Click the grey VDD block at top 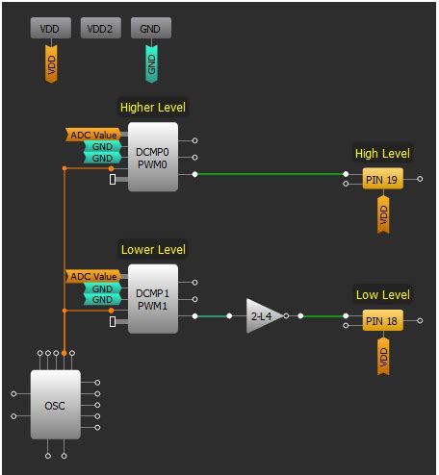tap(51, 29)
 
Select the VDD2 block tap(100, 29)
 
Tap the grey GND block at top tap(150, 29)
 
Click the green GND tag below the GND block tap(150, 63)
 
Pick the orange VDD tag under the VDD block tap(51, 64)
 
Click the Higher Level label tap(152, 107)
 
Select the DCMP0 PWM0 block tap(153, 157)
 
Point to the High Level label tap(382, 153)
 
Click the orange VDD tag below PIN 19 tap(382, 215)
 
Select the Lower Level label tap(152, 249)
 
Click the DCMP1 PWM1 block tap(153, 298)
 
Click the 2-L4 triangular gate tap(263, 315)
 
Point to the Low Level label tap(382, 294)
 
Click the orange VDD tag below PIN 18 tap(382, 357)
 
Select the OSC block tap(55, 405)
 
